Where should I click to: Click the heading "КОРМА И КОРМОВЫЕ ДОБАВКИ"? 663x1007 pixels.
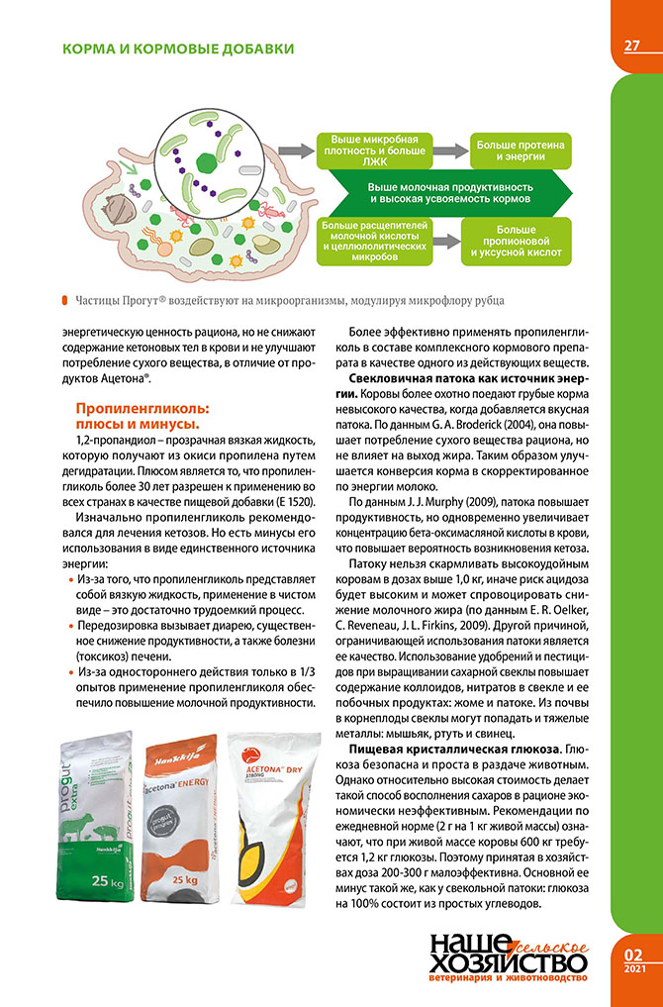(x=177, y=49)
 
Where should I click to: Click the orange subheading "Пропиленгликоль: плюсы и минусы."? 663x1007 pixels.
(x=144, y=416)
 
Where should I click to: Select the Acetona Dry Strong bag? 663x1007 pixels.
(x=271, y=817)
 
